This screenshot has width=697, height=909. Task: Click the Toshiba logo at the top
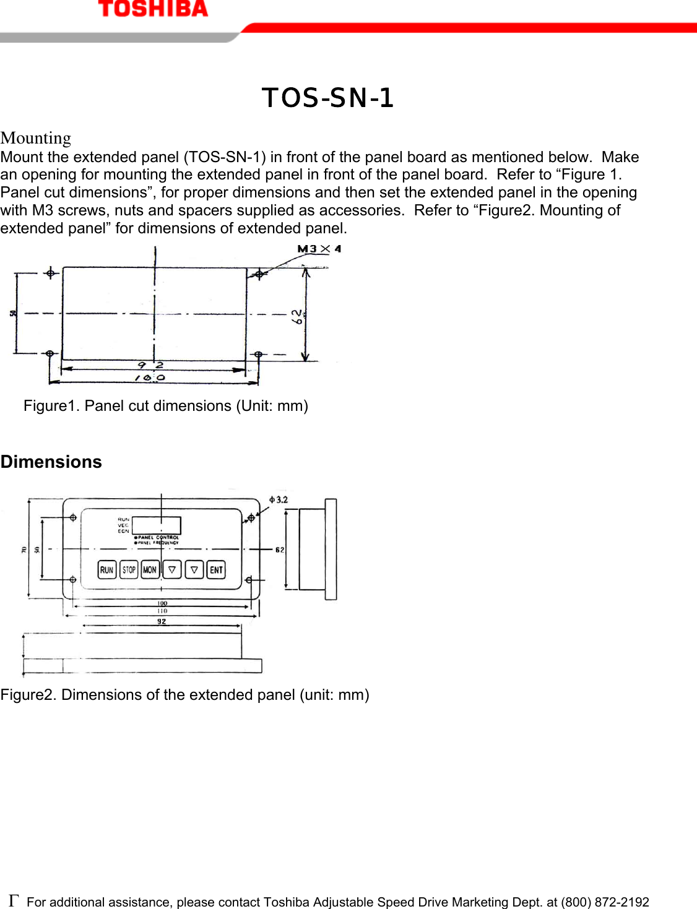tap(153, 9)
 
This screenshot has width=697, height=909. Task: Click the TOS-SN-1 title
tap(327, 98)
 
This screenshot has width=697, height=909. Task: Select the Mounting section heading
tap(36, 138)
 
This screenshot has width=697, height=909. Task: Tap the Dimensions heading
tap(51, 462)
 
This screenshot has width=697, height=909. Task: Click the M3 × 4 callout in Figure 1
tap(319, 249)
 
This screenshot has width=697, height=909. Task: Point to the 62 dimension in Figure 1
tap(297, 316)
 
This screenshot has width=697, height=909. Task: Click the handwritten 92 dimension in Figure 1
tap(150, 365)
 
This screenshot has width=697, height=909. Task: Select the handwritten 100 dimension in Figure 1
tap(150, 377)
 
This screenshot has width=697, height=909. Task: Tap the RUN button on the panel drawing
tap(106, 570)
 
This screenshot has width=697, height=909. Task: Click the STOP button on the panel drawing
tap(129, 570)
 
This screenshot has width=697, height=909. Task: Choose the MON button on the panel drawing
tap(150, 570)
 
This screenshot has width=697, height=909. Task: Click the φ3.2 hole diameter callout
tap(279, 499)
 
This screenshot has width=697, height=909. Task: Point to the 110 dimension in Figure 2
tap(162, 611)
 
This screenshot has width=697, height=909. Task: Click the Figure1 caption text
tap(166, 406)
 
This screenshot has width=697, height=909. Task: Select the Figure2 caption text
tap(184, 695)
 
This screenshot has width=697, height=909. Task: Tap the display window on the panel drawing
tap(157, 525)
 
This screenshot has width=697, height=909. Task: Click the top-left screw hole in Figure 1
tap(51, 273)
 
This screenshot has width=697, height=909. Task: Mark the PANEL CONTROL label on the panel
tap(158, 537)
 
